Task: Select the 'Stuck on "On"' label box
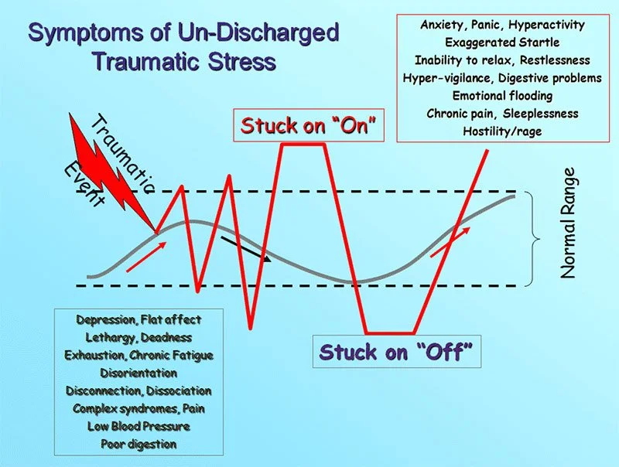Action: tap(308, 125)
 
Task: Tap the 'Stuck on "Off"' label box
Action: tap(397, 352)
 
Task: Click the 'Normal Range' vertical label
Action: tap(568, 223)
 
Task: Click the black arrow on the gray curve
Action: tap(245, 249)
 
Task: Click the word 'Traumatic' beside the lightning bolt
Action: tap(121, 154)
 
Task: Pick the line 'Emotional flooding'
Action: tap(502, 95)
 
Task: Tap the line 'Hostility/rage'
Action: tap(502, 131)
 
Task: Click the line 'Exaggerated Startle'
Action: tap(502, 43)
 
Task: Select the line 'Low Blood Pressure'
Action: tap(139, 426)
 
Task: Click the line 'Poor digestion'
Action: tap(139, 444)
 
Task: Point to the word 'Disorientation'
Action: tap(139, 373)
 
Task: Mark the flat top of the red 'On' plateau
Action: tap(303, 145)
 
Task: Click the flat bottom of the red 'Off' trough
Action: tap(390, 333)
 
